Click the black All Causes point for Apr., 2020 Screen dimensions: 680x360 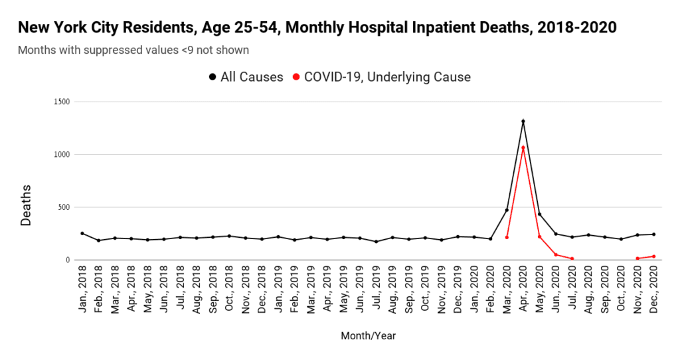(x=523, y=122)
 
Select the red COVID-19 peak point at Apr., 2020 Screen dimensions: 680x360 (x=523, y=148)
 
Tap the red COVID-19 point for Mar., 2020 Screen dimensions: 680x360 (x=507, y=237)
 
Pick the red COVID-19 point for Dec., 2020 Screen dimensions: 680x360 (x=653, y=256)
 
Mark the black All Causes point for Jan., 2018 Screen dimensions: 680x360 (x=82, y=233)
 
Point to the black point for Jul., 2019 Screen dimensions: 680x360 (x=376, y=242)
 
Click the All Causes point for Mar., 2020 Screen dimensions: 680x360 (x=507, y=211)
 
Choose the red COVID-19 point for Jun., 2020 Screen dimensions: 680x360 (x=556, y=254)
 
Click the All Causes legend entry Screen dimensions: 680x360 (x=246, y=77)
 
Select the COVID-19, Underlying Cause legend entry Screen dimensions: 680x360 (x=382, y=77)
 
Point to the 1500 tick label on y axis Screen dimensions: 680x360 (x=62, y=102)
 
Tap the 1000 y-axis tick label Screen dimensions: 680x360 (x=62, y=154)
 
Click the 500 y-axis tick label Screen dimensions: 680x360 (x=63, y=207)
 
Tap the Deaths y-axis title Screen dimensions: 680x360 (x=26, y=205)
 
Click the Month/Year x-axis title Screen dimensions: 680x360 (x=368, y=335)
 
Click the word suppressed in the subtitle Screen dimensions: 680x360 (x=131, y=50)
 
